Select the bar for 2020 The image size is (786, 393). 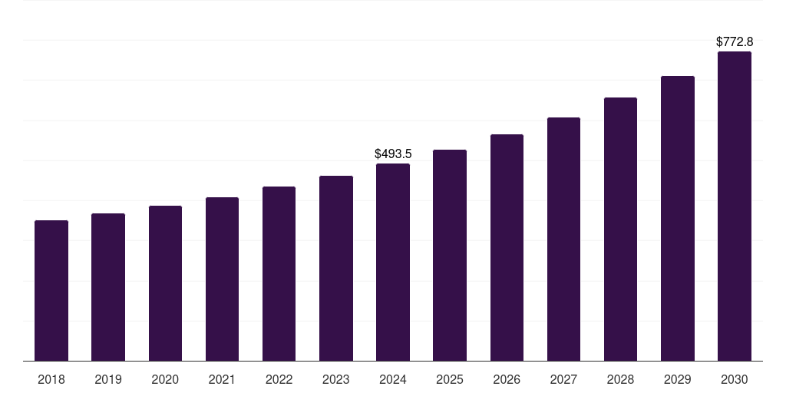165,283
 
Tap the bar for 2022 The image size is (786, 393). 279,273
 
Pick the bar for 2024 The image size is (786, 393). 393,262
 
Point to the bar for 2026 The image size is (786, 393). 507,247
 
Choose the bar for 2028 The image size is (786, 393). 620,229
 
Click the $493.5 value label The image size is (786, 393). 393,154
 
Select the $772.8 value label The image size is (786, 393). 735,41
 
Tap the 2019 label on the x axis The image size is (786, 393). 108,379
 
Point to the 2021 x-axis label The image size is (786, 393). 222,379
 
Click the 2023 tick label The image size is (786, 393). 336,379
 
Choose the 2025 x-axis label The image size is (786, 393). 450,379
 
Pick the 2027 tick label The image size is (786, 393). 563,379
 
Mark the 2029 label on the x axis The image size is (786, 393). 678,379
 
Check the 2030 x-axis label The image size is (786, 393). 735,379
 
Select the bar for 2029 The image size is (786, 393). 678,218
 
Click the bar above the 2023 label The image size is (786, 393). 336,268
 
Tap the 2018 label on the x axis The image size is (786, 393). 51,379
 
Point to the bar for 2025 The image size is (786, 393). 450,255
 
